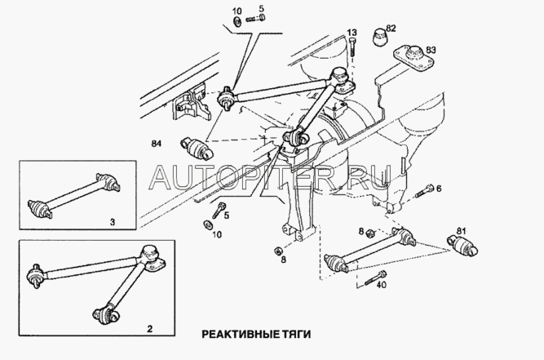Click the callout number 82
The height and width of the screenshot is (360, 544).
pyautogui.click(x=391, y=28)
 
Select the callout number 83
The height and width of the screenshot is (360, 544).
pyautogui.click(x=430, y=50)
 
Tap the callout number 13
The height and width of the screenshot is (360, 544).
pyautogui.click(x=352, y=33)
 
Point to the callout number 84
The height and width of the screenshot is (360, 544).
pyautogui.click(x=157, y=143)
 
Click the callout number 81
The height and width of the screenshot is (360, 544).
pyautogui.click(x=461, y=230)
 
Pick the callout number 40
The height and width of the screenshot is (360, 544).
pyautogui.click(x=381, y=285)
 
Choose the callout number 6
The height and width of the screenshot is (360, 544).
pyautogui.click(x=439, y=189)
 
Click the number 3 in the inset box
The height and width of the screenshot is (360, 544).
pyautogui.click(x=113, y=222)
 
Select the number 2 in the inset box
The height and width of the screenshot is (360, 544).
pyautogui.click(x=149, y=328)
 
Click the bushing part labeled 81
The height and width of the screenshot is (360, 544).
pyautogui.click(x=462, y=247)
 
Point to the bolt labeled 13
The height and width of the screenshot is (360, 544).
pyautogui.click(x=352, y=47)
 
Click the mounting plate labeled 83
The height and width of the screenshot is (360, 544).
pyautogui.click(x=414, y=56)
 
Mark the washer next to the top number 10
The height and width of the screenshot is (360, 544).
pyautogui.click(x=237, y=20)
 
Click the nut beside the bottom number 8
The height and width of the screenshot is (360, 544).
pyautogui.click(x=278, y=251)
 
